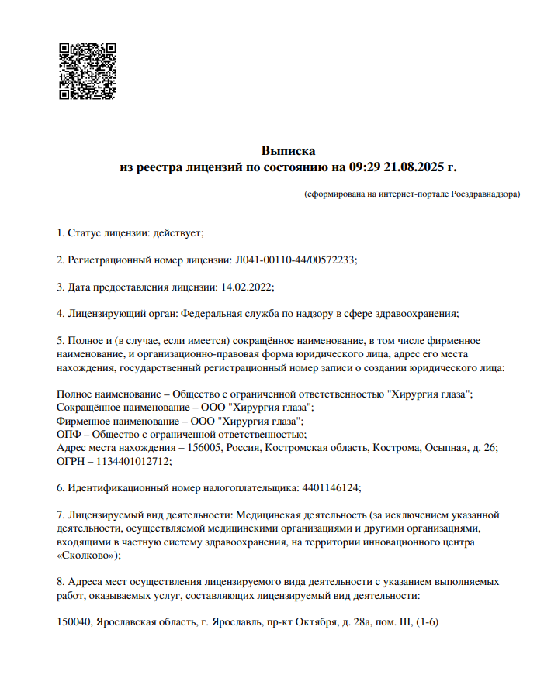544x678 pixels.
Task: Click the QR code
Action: point(88,71)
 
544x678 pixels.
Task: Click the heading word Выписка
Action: point(288,150)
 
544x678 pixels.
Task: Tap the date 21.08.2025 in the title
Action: point(415,167)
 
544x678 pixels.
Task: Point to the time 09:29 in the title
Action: point(365,167)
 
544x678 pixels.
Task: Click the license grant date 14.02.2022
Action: point(246,287)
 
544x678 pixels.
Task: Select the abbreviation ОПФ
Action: point(68,434)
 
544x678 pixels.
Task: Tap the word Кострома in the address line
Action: point(396,448)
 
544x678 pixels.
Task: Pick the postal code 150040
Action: point(74,622)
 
